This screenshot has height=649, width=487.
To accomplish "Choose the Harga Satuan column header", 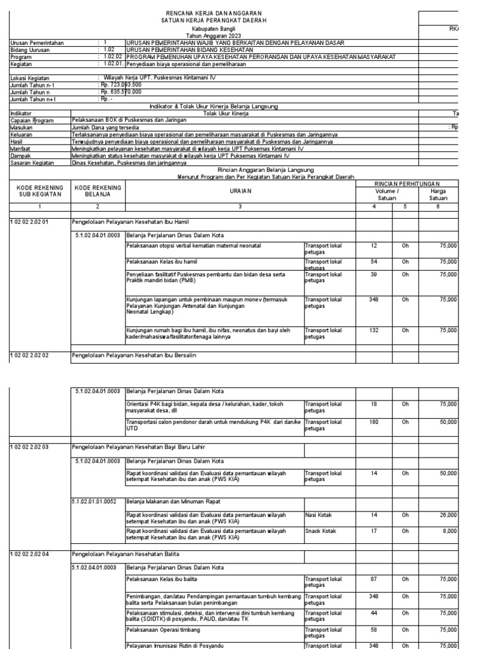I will (439, 194).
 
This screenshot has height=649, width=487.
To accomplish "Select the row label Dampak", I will (22, 155).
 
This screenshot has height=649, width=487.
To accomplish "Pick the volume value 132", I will (374, 330).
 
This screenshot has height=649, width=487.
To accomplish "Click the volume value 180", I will (374, 421).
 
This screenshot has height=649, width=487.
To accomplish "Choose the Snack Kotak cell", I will (320, 532).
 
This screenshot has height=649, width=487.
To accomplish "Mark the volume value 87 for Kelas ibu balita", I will (374, 580).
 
